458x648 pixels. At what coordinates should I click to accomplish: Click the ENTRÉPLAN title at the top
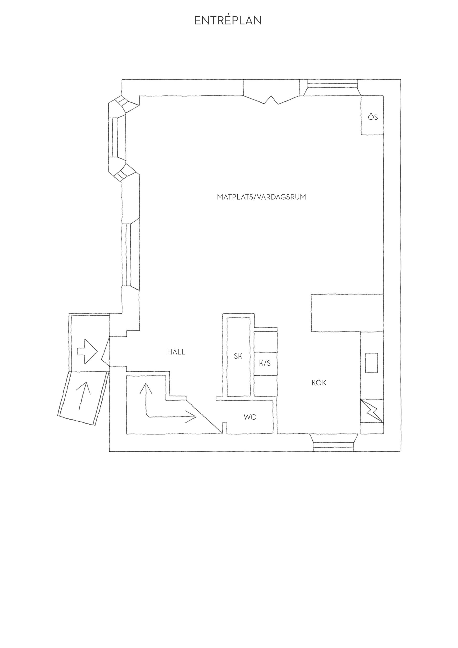[228, 20]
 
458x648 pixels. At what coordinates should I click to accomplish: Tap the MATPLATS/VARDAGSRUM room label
[261, 197]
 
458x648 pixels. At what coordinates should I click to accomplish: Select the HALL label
[176, 352]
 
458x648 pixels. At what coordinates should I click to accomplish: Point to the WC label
[250, 417]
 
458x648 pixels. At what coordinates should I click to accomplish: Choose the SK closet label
[238, 356]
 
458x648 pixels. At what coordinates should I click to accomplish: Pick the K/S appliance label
[265, 363]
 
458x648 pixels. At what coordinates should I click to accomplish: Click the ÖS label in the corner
[373, 117]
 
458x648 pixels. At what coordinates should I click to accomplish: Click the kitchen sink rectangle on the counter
[372, 363]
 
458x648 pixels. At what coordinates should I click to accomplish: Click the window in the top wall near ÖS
[332, 88]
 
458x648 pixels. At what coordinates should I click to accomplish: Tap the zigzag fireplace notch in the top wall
[271, 100]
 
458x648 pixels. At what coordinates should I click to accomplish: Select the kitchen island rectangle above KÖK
[347, 313]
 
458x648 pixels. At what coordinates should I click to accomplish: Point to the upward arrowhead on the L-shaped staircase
[146, 388]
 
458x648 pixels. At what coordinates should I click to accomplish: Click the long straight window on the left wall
[129, 255]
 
